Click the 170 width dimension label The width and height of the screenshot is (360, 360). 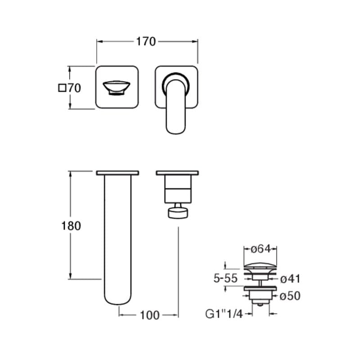(x=146, y=41)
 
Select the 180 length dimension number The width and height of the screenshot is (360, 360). (x=71, y=226)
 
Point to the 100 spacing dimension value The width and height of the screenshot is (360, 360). (x=149, y=315)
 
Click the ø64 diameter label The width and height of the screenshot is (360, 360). (x=261, y=249)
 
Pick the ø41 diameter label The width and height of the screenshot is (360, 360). (x=290, y=279)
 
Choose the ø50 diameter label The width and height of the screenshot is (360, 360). (x=290, y=296)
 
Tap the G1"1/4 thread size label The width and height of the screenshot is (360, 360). (x=224, y=314)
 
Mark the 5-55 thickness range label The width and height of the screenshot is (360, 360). (x=225, y=279)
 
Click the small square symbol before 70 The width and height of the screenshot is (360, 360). (x=62, y=88)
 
